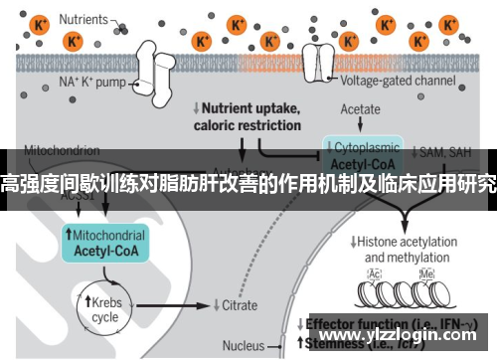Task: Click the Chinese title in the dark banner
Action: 248,182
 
